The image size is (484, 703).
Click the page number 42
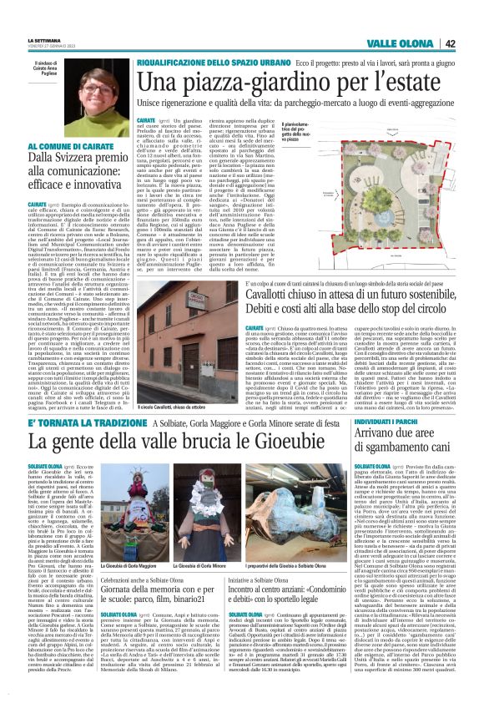click(x=472, y=44)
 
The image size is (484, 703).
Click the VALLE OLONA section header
click(x=426, y=44)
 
